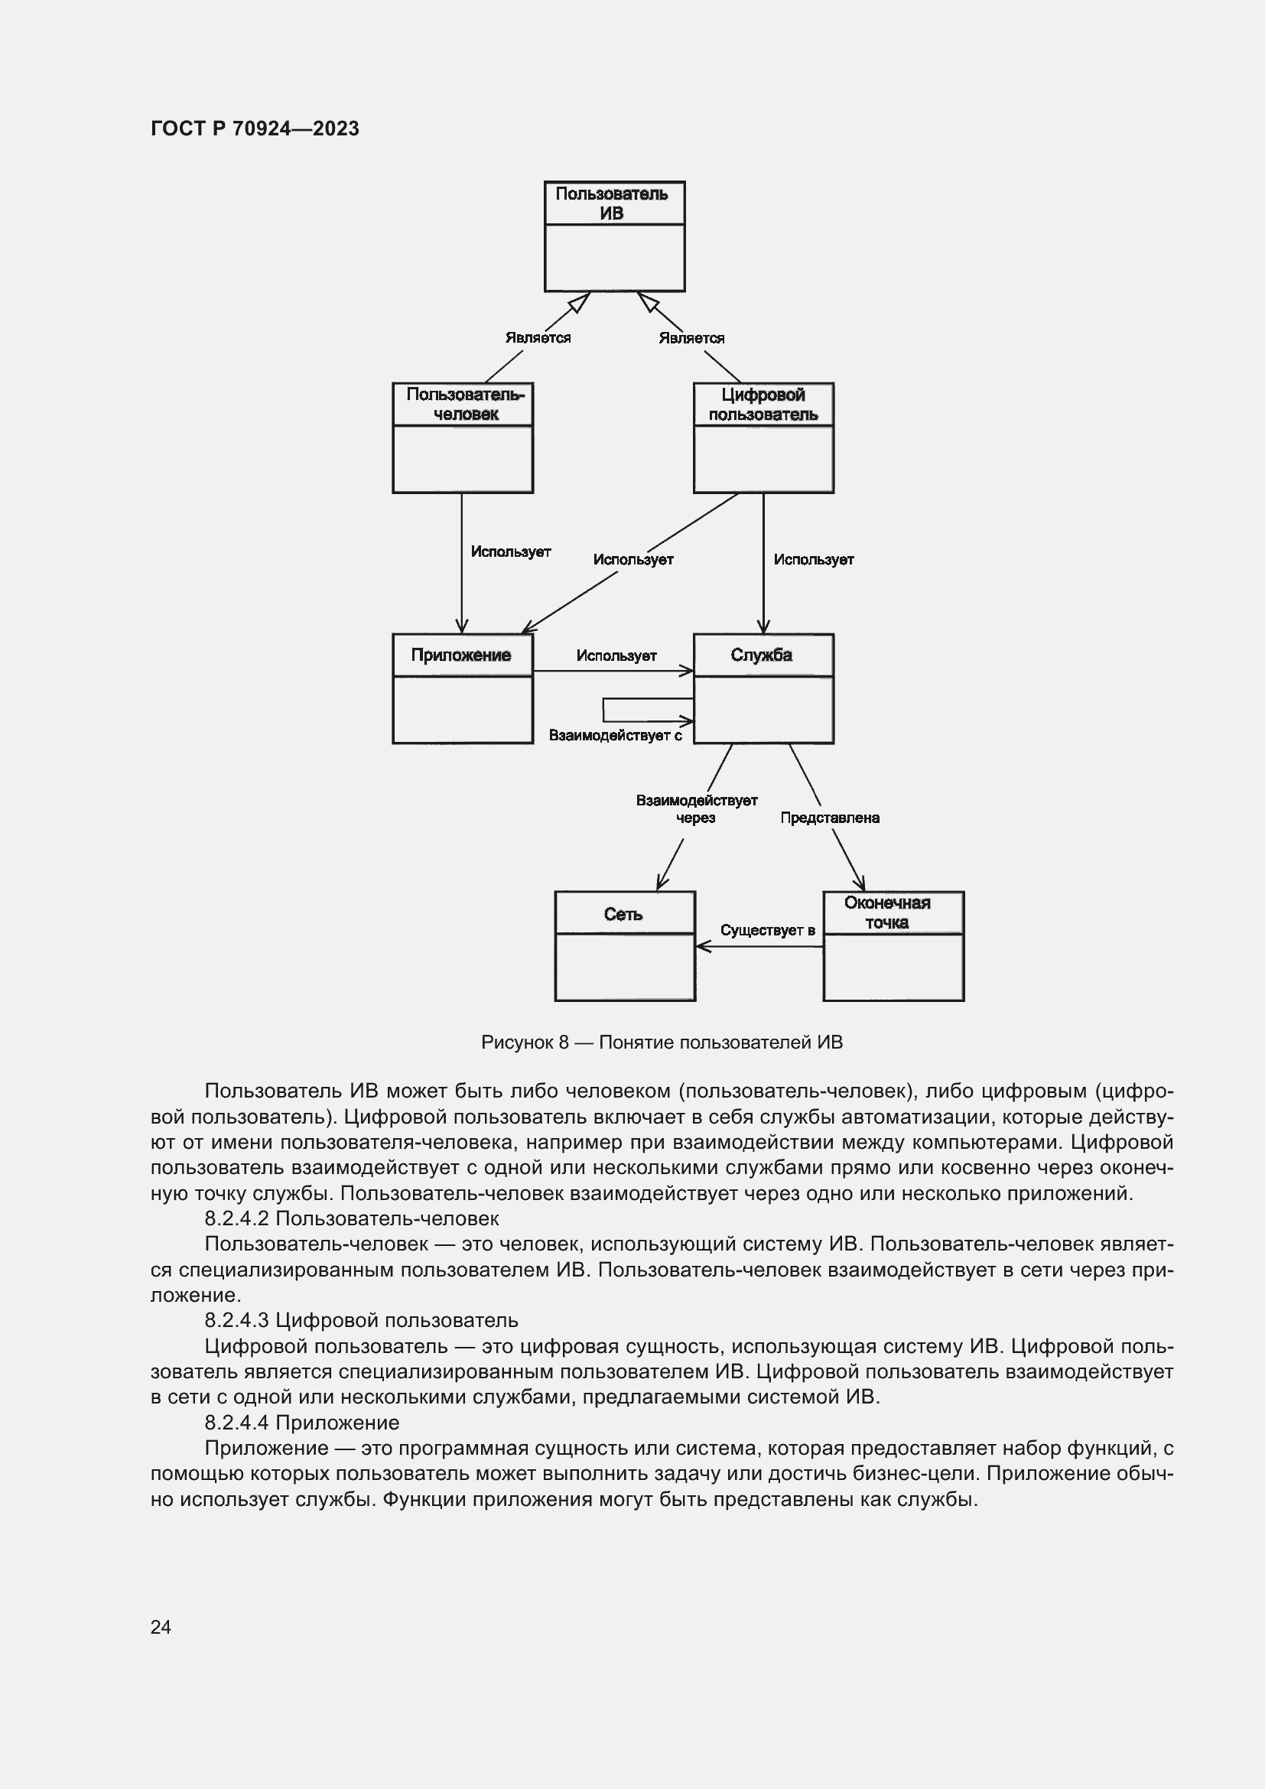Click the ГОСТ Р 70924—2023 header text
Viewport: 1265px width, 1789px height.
(255, 128)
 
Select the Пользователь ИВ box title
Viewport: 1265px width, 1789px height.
(613, 203)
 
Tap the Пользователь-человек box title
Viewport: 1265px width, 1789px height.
(465, 405)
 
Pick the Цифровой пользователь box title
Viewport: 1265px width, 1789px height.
(763, 405)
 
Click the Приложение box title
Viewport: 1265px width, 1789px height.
(461, 655)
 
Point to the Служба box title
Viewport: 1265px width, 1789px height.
(761, 655)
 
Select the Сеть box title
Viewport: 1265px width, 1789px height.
(623, 914)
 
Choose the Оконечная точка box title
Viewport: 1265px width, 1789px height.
(887, 912)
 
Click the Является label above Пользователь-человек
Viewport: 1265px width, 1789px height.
(538, 337)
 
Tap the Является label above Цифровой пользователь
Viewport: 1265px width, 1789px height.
(691, 338)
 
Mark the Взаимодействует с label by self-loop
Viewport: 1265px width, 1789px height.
(616, 736)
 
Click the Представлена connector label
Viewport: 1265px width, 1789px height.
(830, 818)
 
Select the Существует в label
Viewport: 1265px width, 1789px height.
(767, 930)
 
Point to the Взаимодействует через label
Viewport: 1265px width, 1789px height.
(697, 808)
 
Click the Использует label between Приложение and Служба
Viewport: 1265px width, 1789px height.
(616, 656)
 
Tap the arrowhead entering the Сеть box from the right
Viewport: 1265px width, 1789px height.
(701, 947)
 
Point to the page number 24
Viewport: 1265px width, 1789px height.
(161, 1627)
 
